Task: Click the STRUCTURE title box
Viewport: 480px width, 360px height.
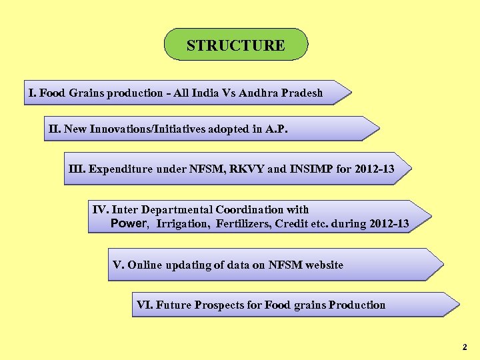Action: pos(236,45)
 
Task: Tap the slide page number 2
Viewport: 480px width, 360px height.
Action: pos(464,347)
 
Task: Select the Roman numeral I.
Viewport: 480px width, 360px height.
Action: pos(31,93)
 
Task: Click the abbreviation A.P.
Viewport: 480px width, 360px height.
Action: pos(277,129)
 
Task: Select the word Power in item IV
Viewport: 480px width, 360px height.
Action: pos(128,223)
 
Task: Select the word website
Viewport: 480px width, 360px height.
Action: pos(324,265)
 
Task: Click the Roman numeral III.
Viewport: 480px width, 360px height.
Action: pos(77,169)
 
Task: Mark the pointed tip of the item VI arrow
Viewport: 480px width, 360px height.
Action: pos(459,305)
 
